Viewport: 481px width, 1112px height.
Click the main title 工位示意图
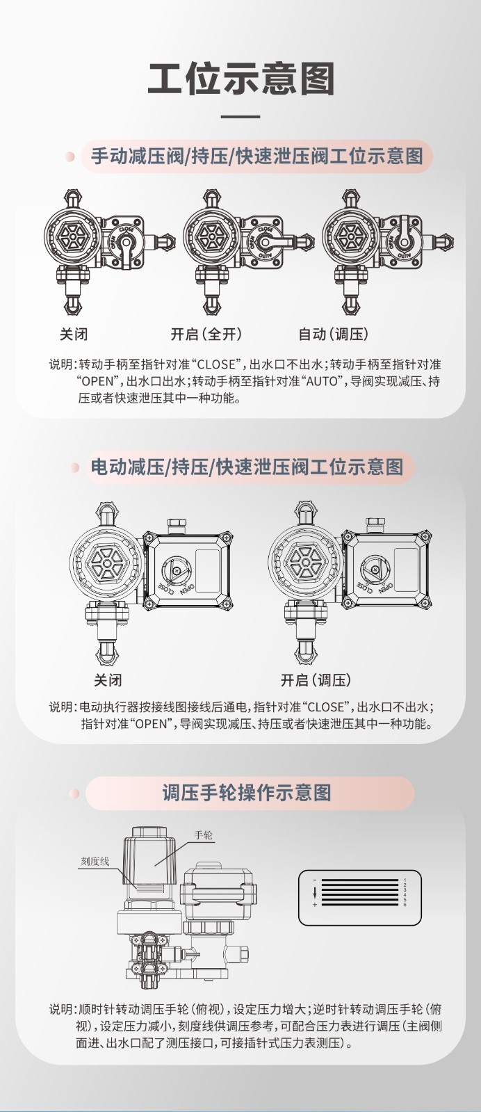241,78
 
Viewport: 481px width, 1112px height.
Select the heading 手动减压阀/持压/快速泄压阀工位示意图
257,155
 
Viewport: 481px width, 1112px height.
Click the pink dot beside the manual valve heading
70,156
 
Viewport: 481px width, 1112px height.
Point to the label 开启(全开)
206,334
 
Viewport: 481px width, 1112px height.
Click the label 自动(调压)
334,334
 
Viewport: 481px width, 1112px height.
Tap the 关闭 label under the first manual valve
74,334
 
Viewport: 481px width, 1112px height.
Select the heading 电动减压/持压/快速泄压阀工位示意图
247,466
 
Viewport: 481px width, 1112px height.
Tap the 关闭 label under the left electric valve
108,679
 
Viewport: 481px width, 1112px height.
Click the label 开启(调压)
316,679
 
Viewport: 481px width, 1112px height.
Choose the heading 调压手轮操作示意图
246,792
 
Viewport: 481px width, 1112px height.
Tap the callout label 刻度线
95,861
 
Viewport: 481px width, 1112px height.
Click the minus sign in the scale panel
315,880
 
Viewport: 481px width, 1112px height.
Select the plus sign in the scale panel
315,905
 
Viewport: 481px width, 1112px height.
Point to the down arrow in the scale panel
315,892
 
